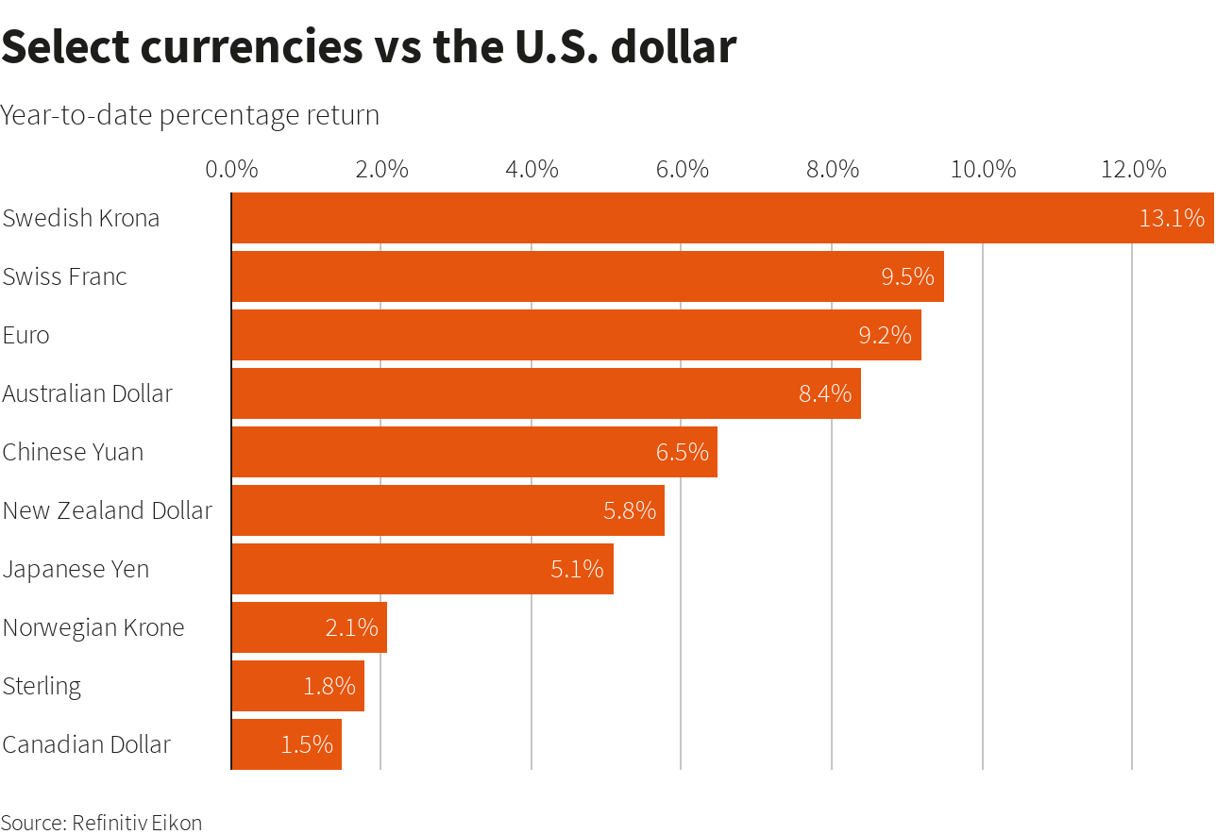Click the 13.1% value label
(x=1172, y=218)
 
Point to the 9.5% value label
(x=907, y=276)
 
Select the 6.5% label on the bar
(x=682, y=452)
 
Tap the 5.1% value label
(x=577, y=569)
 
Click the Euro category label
(x=25, y=335)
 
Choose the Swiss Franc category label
(x=64, y=276)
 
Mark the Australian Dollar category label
(x=87, y=393)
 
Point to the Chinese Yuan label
(x=73, y=452)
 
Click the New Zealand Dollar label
(x=107, y=510)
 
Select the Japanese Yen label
(x=76, y=569)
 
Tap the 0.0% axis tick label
(x=231, y=170)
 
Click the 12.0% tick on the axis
(x=1133, y=170)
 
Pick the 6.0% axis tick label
(x=682, y=170)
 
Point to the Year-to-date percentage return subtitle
(x=190, y=115)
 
